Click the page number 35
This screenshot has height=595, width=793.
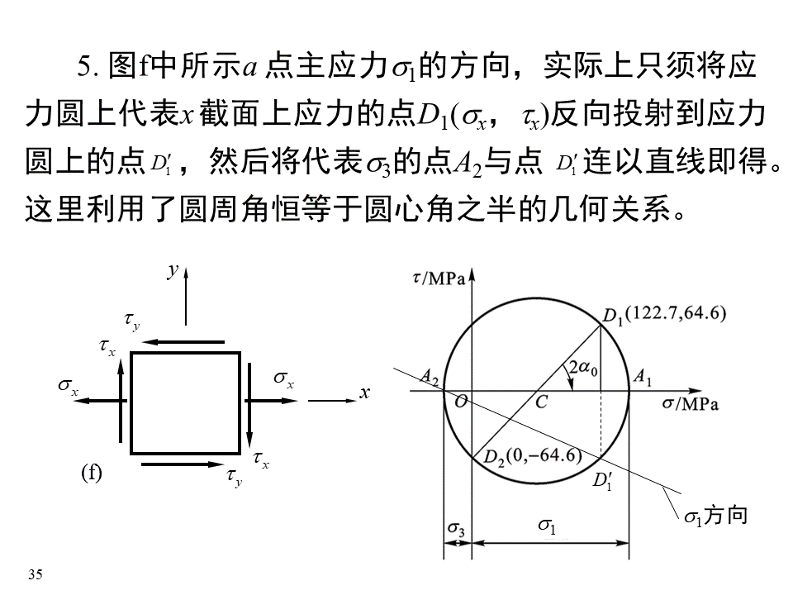point(35,574)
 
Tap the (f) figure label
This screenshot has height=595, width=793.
point(91,473)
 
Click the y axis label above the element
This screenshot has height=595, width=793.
point(173,270)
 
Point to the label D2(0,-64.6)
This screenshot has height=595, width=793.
point(532,456)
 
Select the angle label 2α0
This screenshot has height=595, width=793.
point(584,368)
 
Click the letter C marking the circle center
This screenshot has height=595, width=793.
point(541,402)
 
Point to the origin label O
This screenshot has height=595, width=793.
point(456,402)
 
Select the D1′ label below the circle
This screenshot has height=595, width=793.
point(603,480)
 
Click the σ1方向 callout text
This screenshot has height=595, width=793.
point(715,516)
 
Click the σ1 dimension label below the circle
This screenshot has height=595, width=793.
point(547,525)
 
